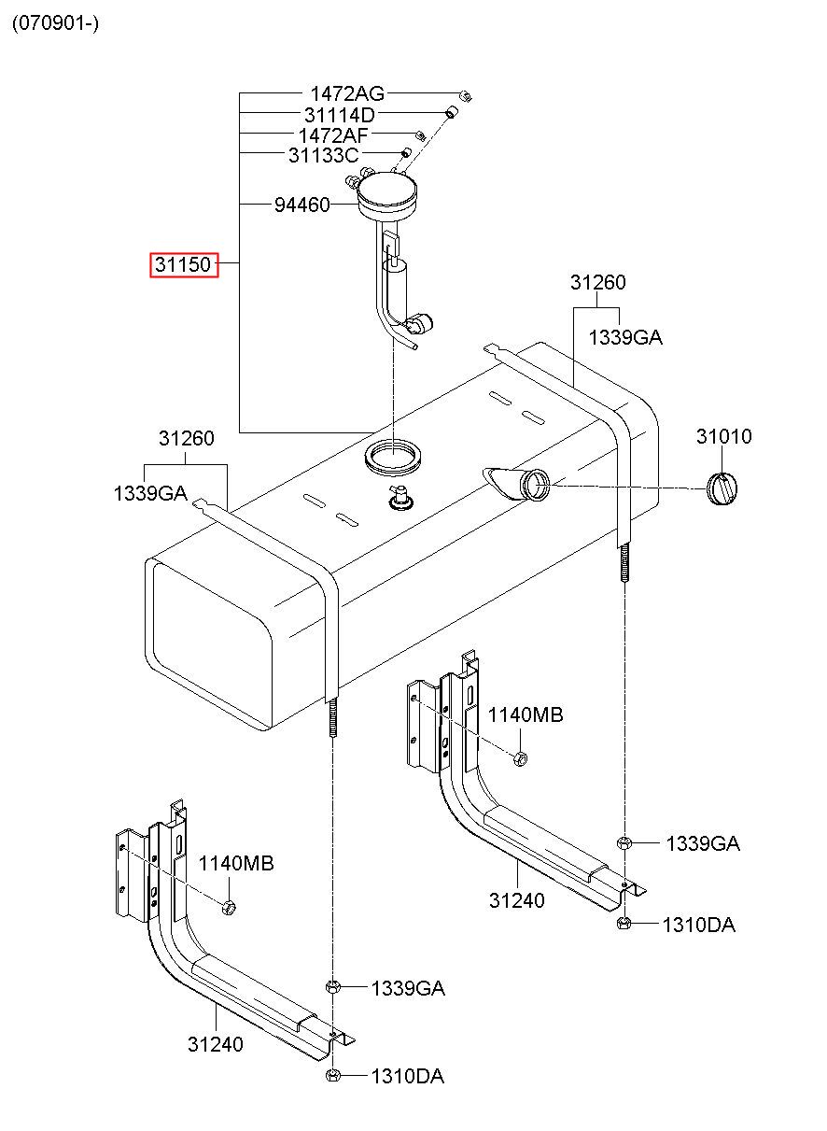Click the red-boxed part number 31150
[184, 264]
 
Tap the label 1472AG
[347, 94]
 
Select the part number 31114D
[340, 115]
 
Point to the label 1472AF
[333, 135]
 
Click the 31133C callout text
[324, 155]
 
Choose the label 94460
[301, 205]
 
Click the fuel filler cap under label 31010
[722, 488]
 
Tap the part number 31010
[724, 436]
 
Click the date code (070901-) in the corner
[55, 23]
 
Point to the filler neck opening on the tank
[537, 484]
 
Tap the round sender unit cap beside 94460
[387, 195]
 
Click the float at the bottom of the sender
[420, 324]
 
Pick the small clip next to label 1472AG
[465, 95]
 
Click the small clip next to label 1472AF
[421, 135]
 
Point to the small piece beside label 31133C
[405, 152]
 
